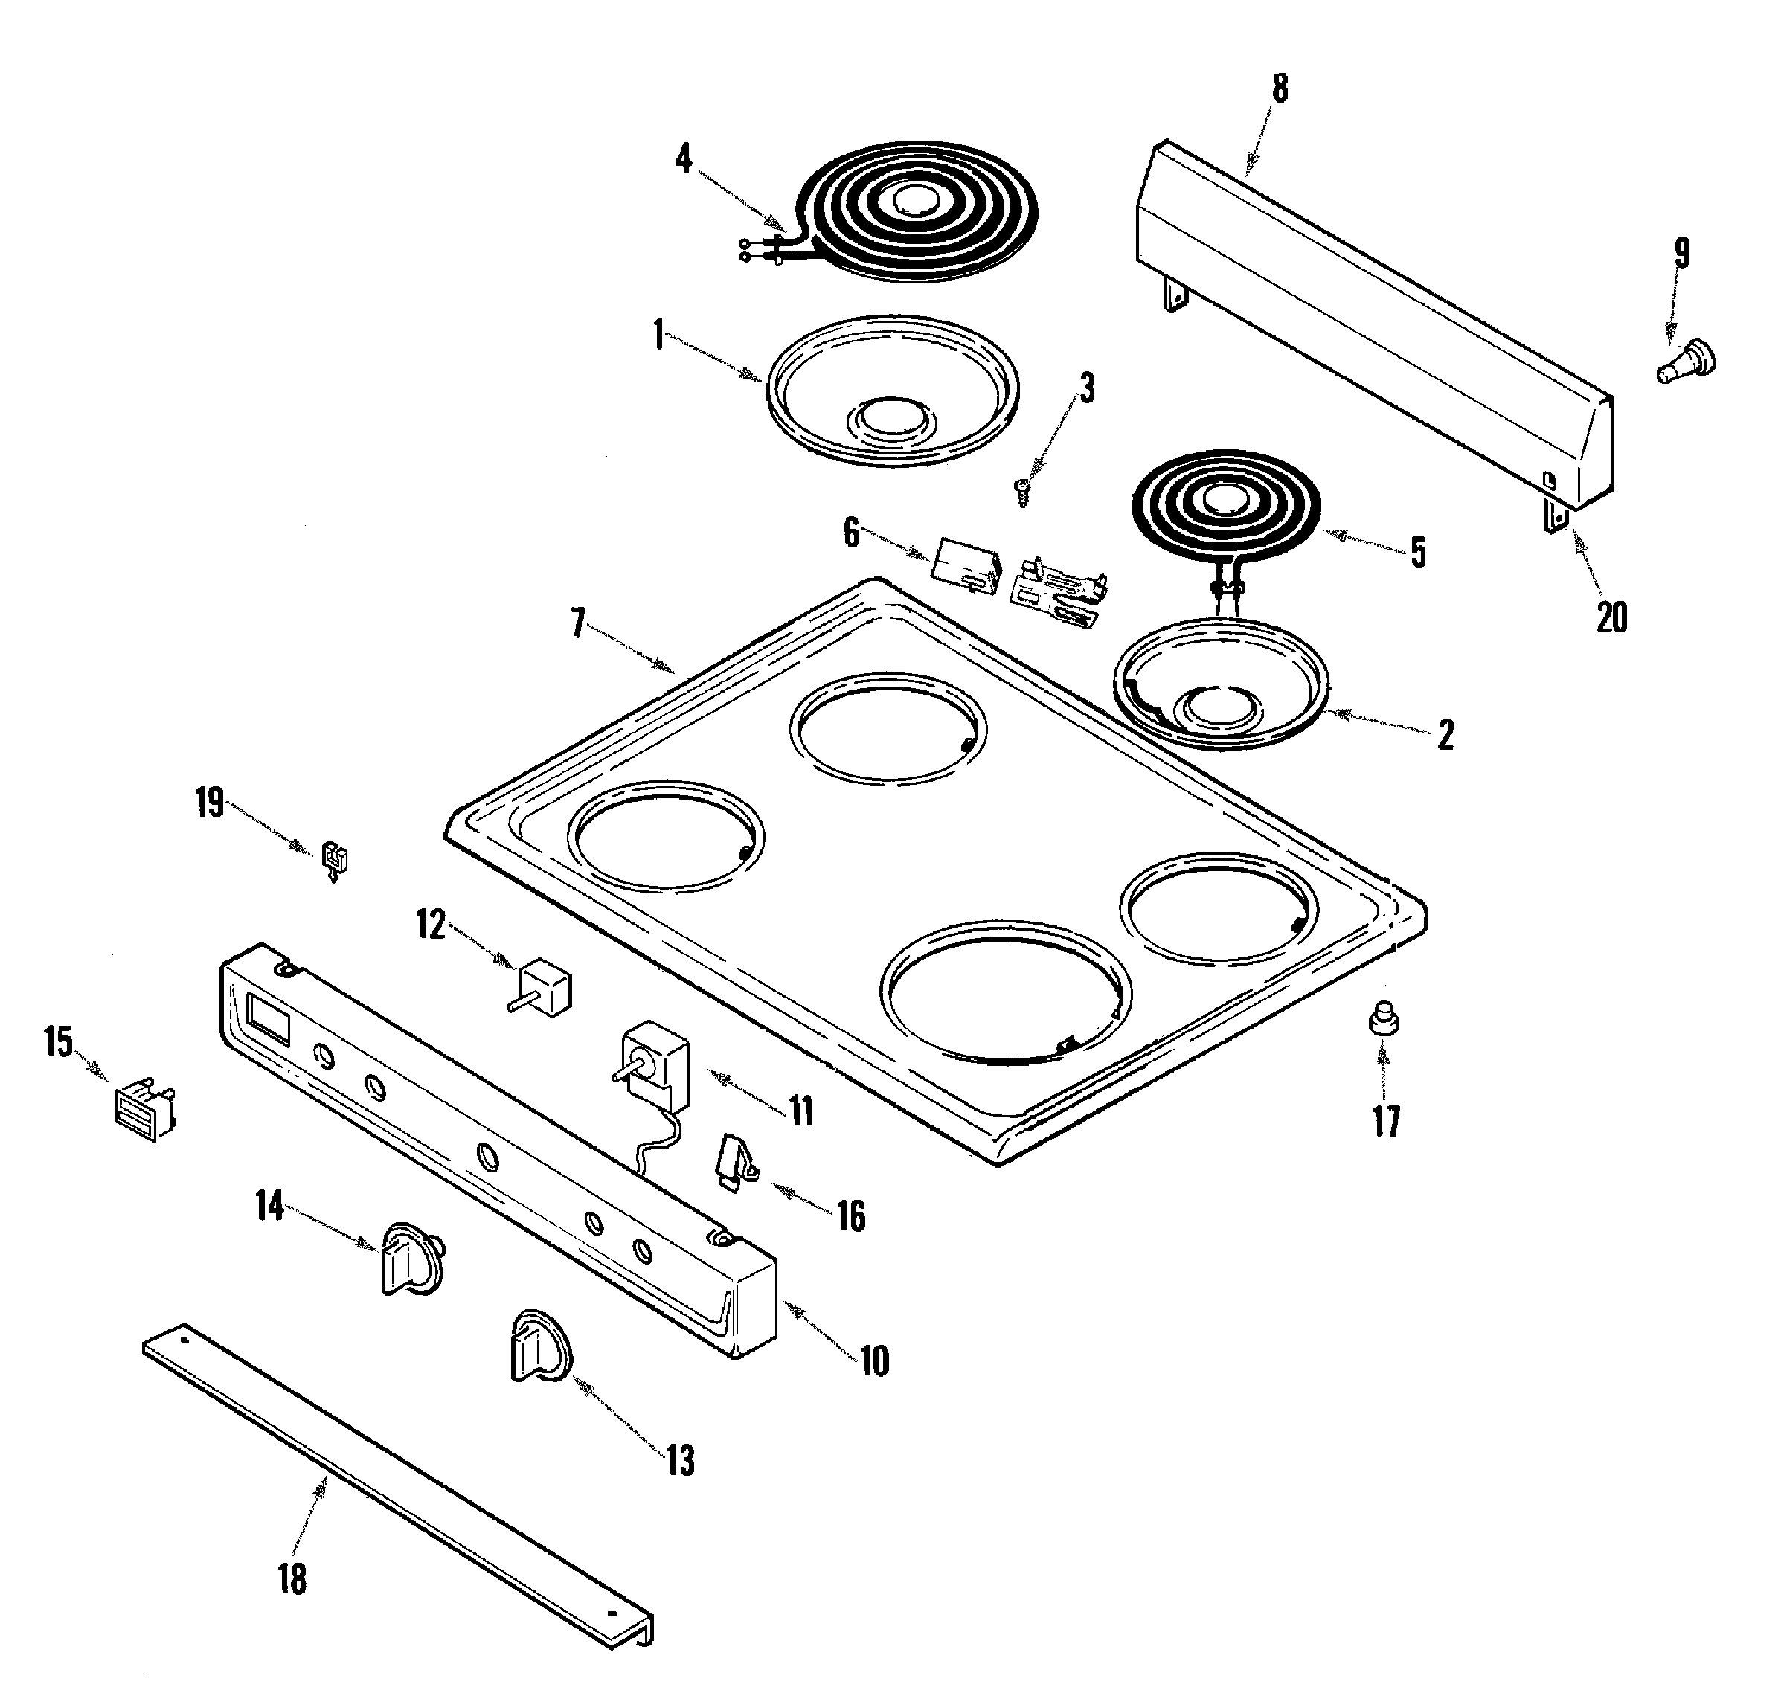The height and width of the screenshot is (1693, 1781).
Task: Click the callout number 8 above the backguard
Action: coord(1280,89)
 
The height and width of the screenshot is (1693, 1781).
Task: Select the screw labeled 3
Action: coord(1023,492)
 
